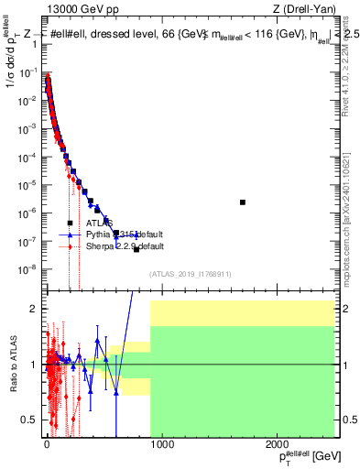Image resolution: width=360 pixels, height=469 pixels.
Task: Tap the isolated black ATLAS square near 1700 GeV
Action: pyautogui.click(x=243, y=202)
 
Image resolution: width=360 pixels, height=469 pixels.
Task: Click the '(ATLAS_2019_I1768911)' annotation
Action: pyautogui.click(x=189, y=274)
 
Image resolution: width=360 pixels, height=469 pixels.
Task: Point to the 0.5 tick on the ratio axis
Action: pyautogui.click(x=32, y=420)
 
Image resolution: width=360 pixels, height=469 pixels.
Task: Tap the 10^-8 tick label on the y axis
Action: pyautogui.click(x=30, y=269)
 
